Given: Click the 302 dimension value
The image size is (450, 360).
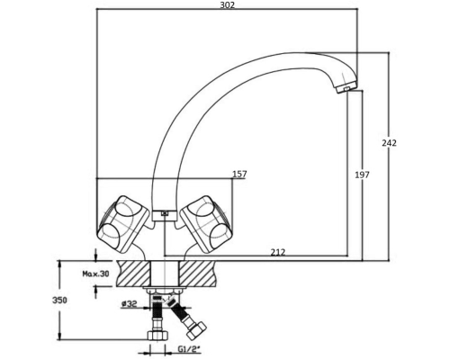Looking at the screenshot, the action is (x=228, y=5).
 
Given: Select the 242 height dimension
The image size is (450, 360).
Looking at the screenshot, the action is (x=389, y=143).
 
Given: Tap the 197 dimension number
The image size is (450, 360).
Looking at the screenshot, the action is (x=363, y=175).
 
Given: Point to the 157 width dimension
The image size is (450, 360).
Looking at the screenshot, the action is (x=239, y=174).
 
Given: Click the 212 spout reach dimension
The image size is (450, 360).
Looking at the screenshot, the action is (x=278, y=253).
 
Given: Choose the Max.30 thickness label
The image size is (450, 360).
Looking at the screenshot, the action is (x=95, y=274).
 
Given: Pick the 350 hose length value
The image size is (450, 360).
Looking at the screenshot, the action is (x=59, y=300).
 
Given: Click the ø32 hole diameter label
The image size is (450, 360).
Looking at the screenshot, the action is (x=129, y=304).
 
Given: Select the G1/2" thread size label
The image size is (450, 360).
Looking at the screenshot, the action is (x=189, y=349).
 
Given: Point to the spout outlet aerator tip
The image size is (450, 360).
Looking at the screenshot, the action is (x=346, y=88).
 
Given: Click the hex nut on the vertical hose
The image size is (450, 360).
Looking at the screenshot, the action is (x=157, y=335).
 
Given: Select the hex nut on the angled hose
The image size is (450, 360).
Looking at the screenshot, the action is (x=196, y=330).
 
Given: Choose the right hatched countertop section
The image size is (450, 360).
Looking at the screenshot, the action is (x=197, y=273).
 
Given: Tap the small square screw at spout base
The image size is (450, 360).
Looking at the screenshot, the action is (x=164, y=213).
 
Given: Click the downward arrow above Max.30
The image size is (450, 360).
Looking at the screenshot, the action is (x=95, y=255).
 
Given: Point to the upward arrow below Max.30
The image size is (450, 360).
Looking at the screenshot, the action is (x=95, y=292).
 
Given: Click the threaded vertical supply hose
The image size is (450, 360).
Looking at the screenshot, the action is (x=157, y=313).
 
